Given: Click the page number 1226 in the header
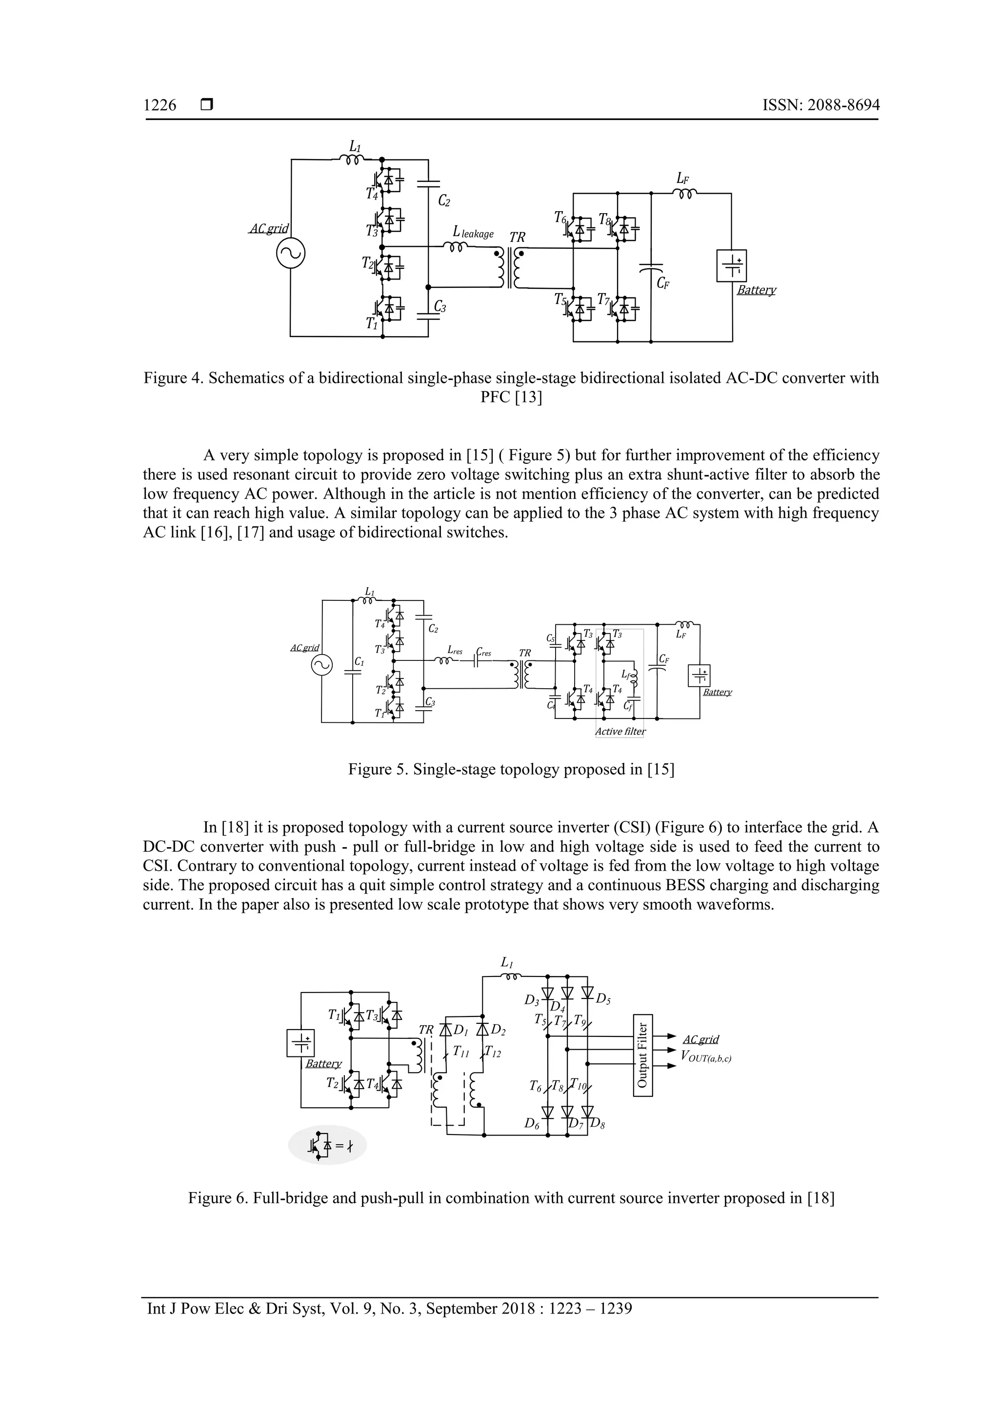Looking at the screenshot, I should (x=160, y=105).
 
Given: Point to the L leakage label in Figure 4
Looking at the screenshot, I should (x=473, y=233).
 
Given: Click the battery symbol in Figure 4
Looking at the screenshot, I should (x=731, y=266).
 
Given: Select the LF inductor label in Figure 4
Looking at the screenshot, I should (x=682, y=179).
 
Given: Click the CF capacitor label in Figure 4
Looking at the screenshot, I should (x=663, y=284).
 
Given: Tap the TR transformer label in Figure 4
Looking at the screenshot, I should (x=517, y=238).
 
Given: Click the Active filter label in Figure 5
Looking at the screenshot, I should (x=620, y=732).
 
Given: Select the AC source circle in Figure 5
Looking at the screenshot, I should (x=321, y=665).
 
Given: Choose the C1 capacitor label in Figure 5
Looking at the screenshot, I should (x=360, y=662).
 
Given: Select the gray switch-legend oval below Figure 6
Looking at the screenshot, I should (x=327, y=1145).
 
